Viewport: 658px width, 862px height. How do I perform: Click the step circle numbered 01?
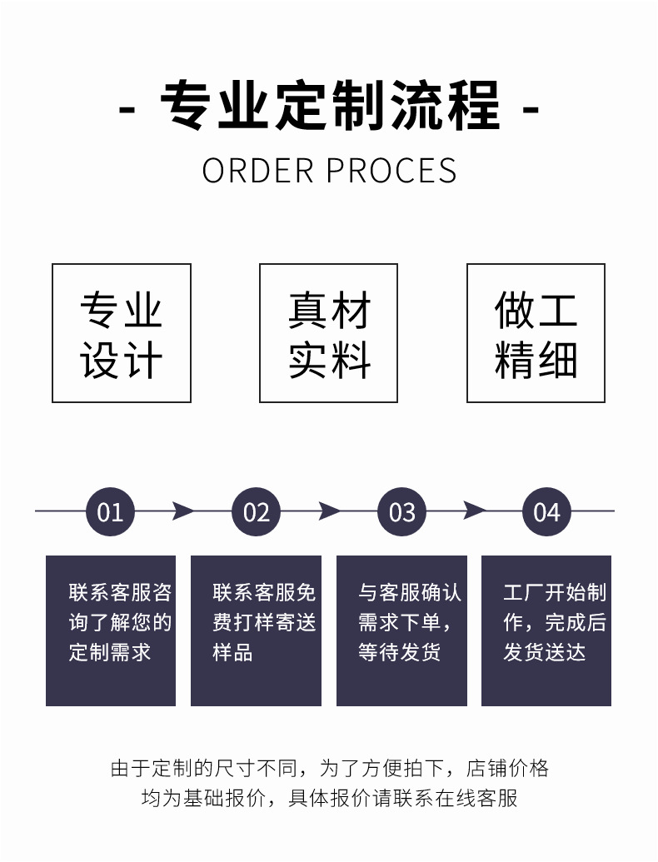click(x=110, y=511)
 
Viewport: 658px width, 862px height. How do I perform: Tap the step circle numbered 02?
click(x=256, y=511)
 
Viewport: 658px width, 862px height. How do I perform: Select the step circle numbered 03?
click(x=401, y=511)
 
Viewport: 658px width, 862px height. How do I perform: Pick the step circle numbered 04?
click(x=546, y=511)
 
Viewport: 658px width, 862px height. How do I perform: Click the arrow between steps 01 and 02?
click(x=182, y=511)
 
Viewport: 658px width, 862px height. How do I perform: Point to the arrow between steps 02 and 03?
click(x=329, y=511)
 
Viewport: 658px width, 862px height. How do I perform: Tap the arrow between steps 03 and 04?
click(x=474, y=511)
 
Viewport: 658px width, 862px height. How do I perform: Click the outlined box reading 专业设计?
click(x=122, y=333)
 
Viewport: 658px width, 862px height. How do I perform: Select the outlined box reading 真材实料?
click(x=328, y=333)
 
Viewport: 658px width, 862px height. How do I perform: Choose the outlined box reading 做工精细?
click(x=536, y=333)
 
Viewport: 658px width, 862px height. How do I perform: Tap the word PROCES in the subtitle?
click(x=391, y=171)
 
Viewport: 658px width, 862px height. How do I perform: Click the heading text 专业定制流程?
click(x=330, y=106)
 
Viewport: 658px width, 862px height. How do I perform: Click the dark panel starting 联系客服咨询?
click(x=111, y=630)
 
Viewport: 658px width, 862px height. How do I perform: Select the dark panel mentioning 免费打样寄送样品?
click(x=256, y=630)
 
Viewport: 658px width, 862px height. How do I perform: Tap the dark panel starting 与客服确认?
click(x=401, y=630)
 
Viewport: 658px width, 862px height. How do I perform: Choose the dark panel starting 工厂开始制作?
click(x=546, y=630)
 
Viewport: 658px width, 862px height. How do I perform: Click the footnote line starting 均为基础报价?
click(x=329, y=798)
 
